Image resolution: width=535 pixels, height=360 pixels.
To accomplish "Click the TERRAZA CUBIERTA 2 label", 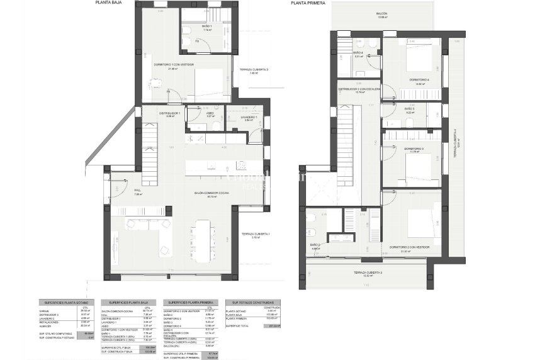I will pos(250,70).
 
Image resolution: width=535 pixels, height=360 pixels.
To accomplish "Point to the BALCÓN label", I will pos(381,13).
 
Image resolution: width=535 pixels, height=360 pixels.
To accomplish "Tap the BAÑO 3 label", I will pos(409,109).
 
